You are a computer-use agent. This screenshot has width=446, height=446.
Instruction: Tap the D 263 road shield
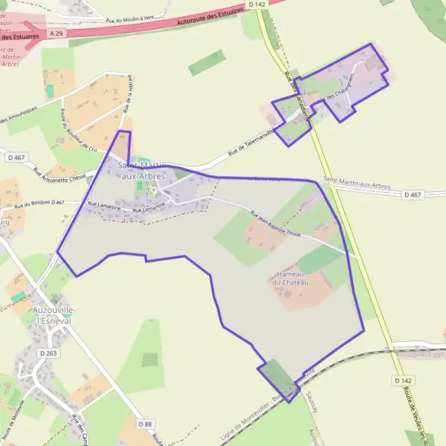[x=48, y=353]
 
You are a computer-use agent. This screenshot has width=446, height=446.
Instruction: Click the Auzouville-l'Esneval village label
[x=51, y=315]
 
